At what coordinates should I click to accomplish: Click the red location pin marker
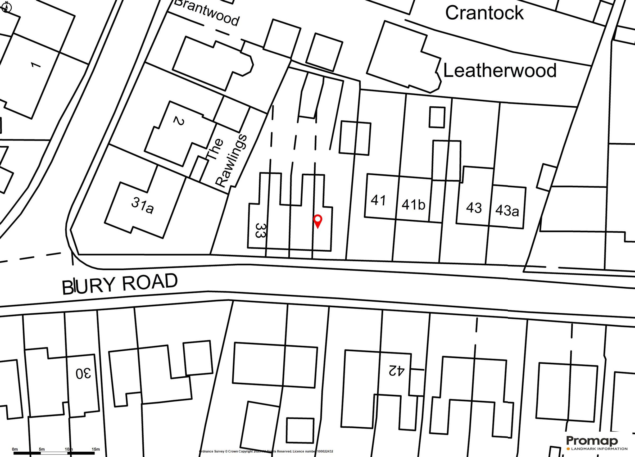pos(317,221)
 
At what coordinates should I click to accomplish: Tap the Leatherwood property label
pos(500,71)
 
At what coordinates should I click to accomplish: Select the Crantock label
pos(484,13)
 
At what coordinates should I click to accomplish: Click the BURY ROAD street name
pos(120,284)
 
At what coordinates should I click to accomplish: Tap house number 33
pos(260,230)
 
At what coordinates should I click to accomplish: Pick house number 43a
pos(507,210)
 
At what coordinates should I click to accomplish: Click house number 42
pos(396,370)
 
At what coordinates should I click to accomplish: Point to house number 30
pos(83,373)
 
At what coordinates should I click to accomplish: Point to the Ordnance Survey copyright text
pos(266,451)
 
